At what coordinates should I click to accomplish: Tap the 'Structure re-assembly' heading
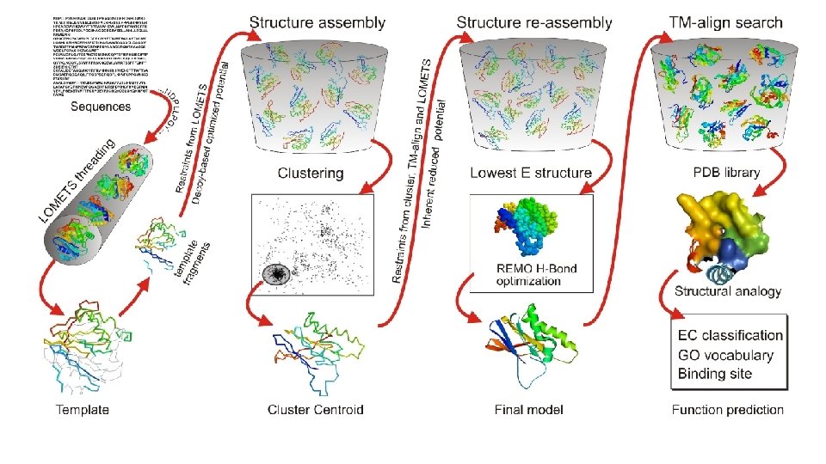pos(534,21)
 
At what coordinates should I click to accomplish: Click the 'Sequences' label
pos(101,107)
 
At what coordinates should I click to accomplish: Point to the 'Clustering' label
pos(311,173)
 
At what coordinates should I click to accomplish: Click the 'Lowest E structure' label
pos(531,173)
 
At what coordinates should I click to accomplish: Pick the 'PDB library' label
pos(726,173)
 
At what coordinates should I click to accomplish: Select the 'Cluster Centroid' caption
pos(316,409)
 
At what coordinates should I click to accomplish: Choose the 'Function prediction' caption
pos(728,409)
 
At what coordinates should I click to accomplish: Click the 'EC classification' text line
pos(730,335)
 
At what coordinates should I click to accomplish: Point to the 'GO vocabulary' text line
pos(725,355)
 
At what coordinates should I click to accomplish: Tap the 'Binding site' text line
pos(715,374)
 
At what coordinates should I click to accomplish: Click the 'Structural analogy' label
pos(728,291)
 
